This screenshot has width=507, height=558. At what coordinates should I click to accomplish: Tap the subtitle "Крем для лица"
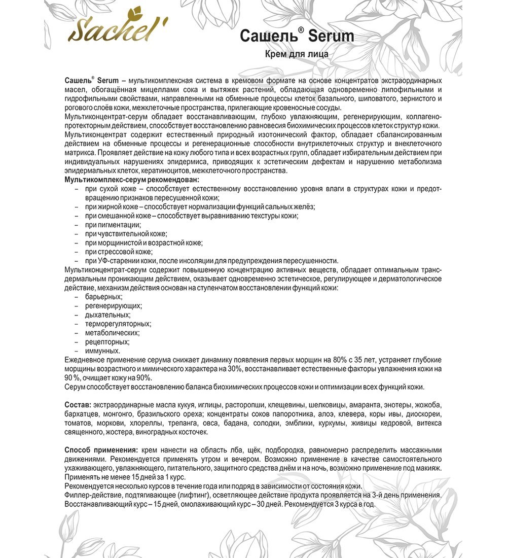[x=297, y=54]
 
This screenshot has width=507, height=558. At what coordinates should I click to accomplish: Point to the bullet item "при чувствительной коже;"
[x=126, y=233]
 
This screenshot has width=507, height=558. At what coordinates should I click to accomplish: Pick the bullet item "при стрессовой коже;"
[x=119, y=252]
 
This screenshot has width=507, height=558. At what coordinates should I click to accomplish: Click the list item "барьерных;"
[x=104, y=297]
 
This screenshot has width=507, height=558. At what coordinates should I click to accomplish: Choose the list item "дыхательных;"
[x=107, y=315]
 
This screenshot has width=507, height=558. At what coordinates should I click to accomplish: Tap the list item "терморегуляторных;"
[x=118, y=324]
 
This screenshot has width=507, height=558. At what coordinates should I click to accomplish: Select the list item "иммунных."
[x=103, y=351]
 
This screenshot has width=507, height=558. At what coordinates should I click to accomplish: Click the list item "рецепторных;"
[x=106, y=342]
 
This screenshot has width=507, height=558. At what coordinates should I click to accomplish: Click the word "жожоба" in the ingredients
[x=428, y=405]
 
